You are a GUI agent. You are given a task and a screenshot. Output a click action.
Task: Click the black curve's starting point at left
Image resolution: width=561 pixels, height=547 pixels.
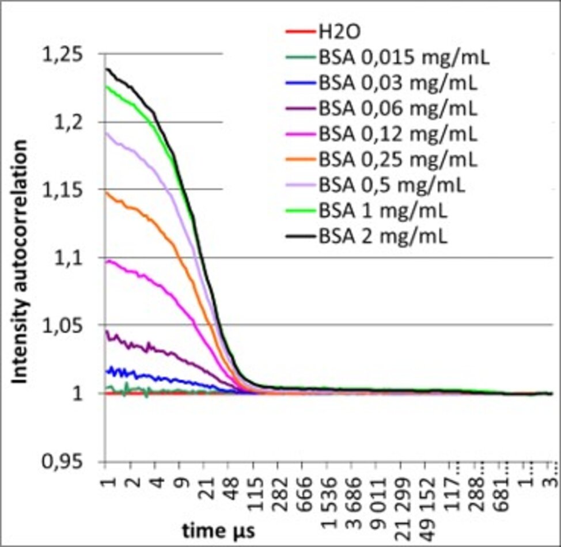(107, 69)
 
